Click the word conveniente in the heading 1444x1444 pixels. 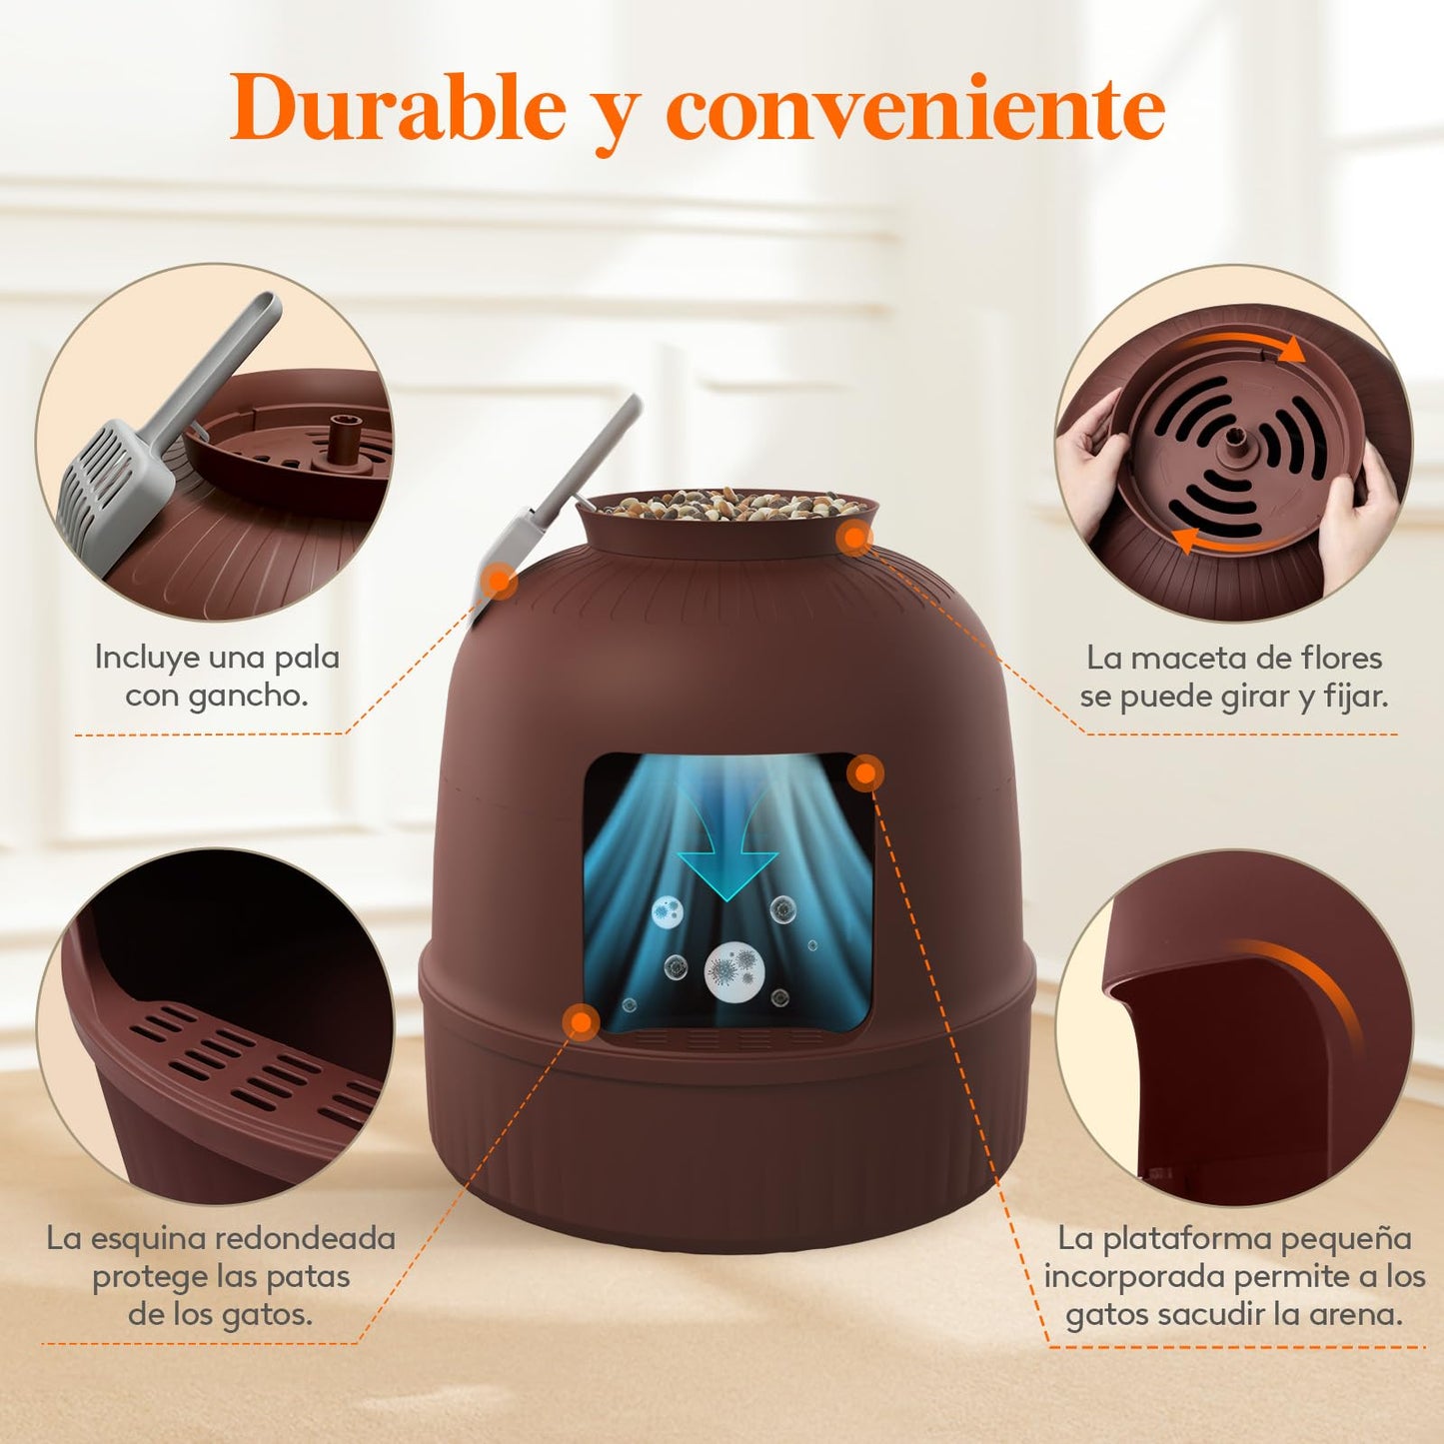[x=915, y=110]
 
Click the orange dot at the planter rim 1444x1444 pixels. [x=853, y=538]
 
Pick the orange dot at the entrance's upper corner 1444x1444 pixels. [x=865, y=772]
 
